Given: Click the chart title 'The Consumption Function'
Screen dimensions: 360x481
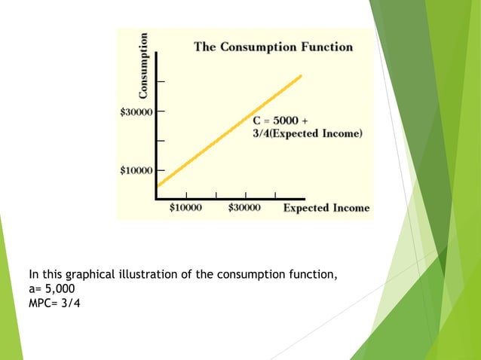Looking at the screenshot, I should point(273,47).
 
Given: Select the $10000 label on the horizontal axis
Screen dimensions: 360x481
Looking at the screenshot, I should point(185,209).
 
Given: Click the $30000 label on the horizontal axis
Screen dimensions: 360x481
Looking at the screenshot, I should point(244,209).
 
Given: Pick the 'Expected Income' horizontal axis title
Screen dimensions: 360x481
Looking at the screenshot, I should point(326,209).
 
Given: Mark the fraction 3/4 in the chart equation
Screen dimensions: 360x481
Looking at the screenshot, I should point(260,134).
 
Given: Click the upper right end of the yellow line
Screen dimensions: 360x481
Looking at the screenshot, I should point(301,75).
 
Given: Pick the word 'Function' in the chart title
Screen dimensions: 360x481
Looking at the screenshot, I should point(326,47).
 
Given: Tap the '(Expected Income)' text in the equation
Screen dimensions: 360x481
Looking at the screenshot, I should point(316,134).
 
